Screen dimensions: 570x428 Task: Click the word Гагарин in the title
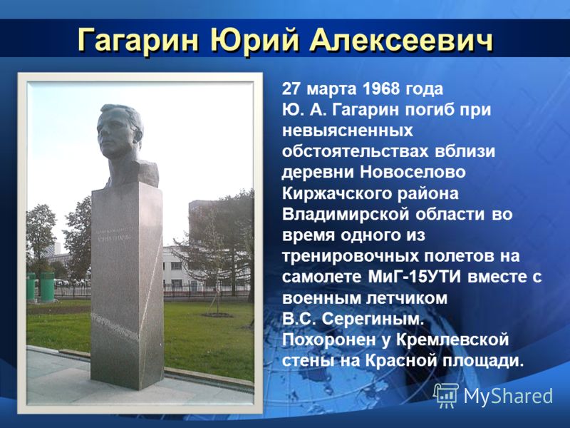[x=138, y=41]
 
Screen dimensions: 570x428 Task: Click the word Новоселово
[x=413, y=172]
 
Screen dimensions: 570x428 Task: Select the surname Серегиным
[x=373, y=320]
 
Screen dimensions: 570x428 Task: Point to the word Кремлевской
[x=452, y=340]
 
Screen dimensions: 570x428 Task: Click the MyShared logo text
[x=508, y=396]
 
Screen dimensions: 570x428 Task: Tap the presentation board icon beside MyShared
[x=447, y=396]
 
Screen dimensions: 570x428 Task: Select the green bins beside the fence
[x=41, y=287]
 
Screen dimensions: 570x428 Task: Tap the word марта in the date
[x=329, y=89]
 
